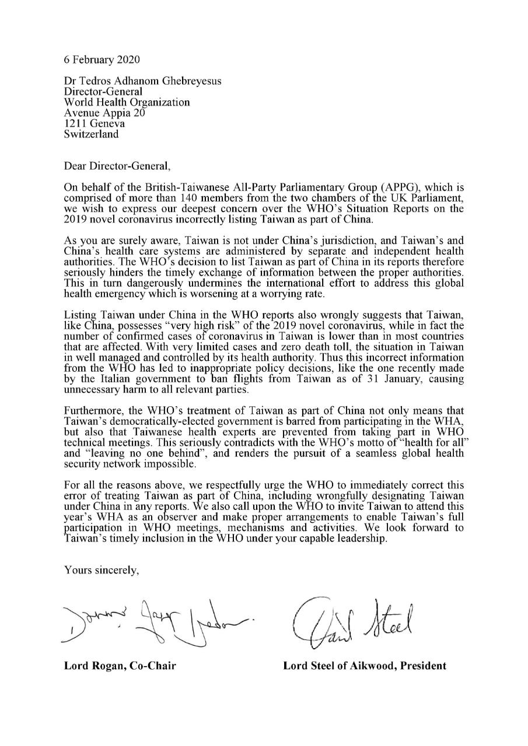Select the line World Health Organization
tap(127, 103)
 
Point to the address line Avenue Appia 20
tap(104, 113)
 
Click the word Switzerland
tap(91, 134)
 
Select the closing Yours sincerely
tap(102, 569)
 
